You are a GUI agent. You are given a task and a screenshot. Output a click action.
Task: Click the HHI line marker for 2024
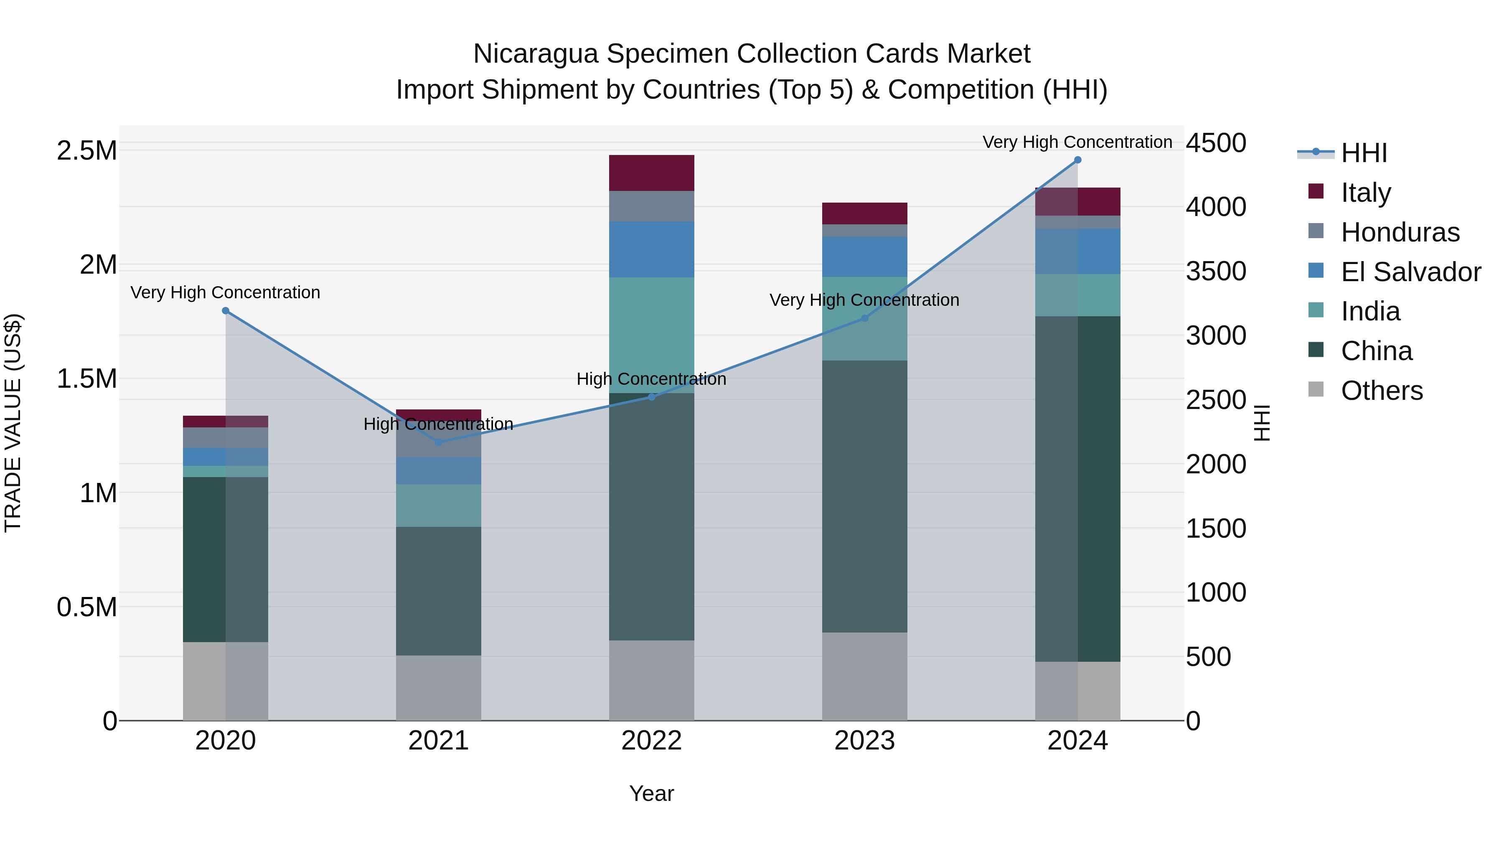[1077, 160]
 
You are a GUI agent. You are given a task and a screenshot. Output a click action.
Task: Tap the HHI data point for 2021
[439, 442]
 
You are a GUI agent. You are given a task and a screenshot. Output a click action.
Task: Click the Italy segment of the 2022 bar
[652, 173]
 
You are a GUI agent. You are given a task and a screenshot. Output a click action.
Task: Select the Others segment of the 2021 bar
[439, 687]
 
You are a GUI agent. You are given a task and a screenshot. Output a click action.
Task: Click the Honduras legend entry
[1400, 232]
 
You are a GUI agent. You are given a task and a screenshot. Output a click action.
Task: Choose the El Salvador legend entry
[1410, 272]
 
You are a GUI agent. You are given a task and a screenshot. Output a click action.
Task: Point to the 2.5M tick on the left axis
[86, 151]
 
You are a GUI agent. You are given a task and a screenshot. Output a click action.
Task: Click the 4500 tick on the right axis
[1216, 143]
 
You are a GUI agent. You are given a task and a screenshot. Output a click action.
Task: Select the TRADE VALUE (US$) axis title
[13, 423]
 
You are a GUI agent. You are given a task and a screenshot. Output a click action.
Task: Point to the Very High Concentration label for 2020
[225, 292]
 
